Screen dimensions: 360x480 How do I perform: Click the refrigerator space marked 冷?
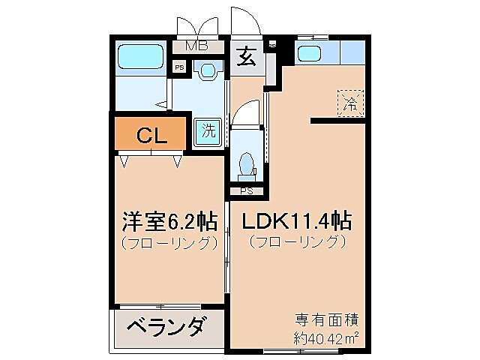pyautogui.click(x=349, y=103)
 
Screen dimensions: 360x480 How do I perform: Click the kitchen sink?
pyautogui.click(x=309, y=52)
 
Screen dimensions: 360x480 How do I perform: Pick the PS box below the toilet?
pyautogui.click(x=245, y=190)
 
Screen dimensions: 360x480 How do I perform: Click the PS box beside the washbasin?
pyautogui.click(x=178, y=68)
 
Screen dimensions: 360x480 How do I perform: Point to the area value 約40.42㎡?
pyautogui.click(x=325, y=336)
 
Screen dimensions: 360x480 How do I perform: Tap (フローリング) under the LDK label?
pyautogui.click(x=298, y=242)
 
